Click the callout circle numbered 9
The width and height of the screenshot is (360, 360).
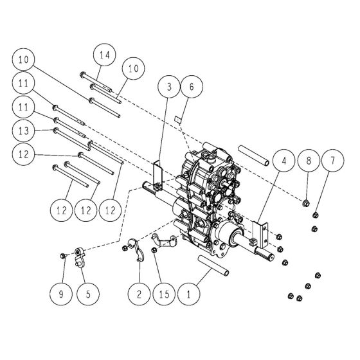coord(61,296)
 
